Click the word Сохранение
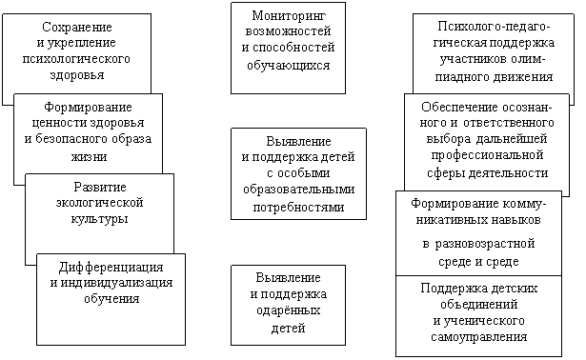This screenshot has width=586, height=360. (x=76, y=27)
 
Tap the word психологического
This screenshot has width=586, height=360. (x=76, y=59)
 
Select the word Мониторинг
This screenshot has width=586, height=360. (x=289, y=16)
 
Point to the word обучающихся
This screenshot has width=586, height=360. (x=288, y=66)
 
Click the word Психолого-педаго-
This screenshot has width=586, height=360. (x=494, y=27)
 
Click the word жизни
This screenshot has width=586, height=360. (x=89, y=156)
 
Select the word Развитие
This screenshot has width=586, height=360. (x=100, y=187)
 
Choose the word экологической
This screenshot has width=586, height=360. (x=99, y=203)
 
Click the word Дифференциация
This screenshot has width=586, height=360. (x=111, y=268)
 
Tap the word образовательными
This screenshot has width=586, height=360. (x=298, y=190)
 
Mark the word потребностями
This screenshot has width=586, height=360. (x=298, y=208)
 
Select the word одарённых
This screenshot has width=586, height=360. (x=288, y=310)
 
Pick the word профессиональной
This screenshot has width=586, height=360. (x=487, y=155)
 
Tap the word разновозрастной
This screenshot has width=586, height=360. (x=485, y=244)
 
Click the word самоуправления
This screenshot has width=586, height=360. (x=478, y=337)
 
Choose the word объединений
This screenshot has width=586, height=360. (x=478, y=305)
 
